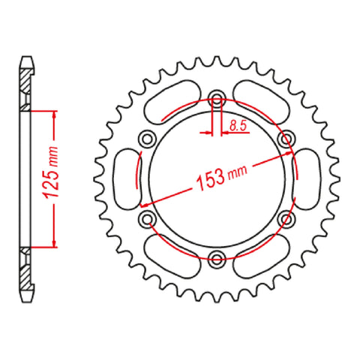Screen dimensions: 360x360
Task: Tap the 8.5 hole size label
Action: (238, 127)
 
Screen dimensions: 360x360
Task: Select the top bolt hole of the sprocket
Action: (217, 98)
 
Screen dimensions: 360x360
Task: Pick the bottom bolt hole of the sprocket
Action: (217, 259)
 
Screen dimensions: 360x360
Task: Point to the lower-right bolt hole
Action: (286, 218)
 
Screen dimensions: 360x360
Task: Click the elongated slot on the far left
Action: (124, 178)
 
